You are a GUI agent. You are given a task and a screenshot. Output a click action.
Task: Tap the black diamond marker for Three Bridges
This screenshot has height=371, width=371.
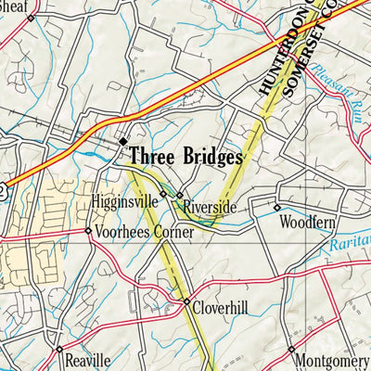click(x=123, y=141)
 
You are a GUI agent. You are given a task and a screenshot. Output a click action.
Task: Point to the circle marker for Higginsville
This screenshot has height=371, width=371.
click(x=163, y=194)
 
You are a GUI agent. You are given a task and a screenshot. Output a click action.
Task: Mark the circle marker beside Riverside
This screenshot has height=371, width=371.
click(x=180, y=196)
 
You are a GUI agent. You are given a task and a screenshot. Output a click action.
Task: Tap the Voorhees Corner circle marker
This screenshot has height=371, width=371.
click(x=88, y=231)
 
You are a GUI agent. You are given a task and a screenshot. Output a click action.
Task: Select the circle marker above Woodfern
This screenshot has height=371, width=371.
click(x=276, y=207)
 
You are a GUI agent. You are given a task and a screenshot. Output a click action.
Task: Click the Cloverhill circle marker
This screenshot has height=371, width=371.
click(x=185, y=302)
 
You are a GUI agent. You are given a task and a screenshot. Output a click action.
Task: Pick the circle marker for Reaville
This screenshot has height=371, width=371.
click(x=58, y=350)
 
